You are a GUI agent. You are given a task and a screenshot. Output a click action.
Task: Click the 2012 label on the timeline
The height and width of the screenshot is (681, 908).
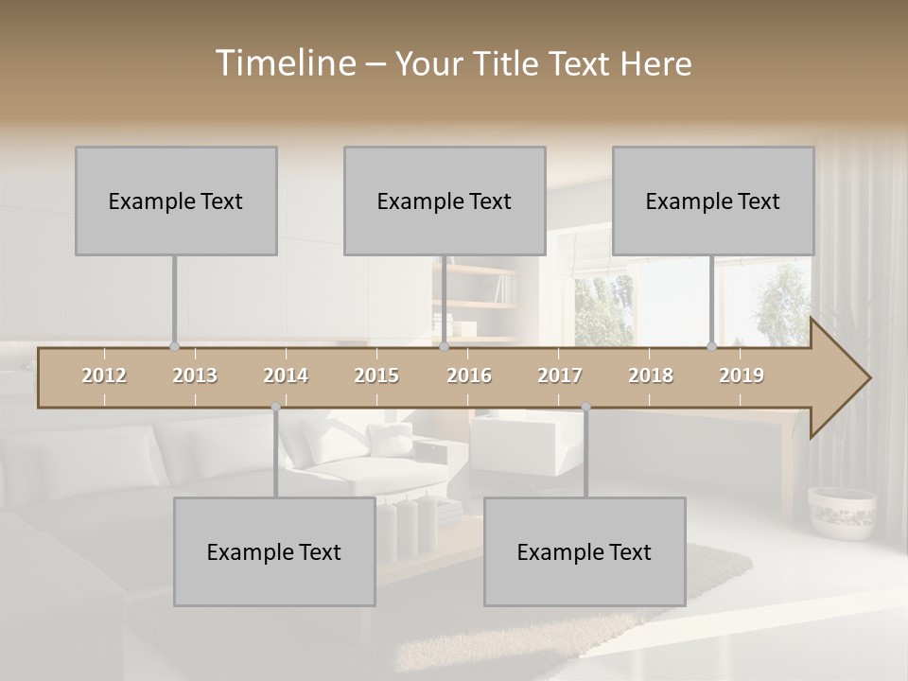(x=104, y=375)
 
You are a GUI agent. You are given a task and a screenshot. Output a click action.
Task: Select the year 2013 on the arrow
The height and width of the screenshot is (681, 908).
(x=195, y=375)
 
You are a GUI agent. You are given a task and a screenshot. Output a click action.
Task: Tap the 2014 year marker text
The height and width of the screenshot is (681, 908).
(x=286, y=375)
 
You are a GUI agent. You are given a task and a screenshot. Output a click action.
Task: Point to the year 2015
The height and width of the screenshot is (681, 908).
(x=376, y=375)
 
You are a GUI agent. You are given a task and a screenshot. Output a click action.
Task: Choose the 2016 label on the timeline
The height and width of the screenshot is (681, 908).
(x=469, y=375)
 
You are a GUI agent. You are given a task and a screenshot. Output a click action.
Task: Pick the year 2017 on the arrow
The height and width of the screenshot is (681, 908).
(x=560, y=375)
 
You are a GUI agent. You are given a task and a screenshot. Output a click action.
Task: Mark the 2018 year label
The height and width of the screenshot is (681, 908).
(x=651, y=375)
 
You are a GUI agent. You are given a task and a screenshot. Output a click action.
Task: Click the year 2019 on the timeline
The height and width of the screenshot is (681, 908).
(x=742, y=375)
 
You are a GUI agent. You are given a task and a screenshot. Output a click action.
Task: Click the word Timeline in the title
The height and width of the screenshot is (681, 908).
(x=285, y=63)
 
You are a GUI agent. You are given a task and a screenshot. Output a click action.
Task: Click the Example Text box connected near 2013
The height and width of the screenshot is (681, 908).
(x=176, y=201)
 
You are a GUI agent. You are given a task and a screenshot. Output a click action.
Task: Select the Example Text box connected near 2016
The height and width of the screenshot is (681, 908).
(x=445, y=201)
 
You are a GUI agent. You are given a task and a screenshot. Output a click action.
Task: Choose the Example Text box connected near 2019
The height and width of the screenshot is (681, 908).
(x=713, y=201)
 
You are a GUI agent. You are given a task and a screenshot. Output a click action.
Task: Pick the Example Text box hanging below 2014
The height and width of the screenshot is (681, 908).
(x=274, y=551)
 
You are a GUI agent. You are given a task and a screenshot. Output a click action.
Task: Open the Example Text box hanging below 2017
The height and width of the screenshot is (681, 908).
(x=585, y=551)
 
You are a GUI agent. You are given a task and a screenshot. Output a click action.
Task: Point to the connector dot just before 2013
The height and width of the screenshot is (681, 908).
(x=174, y=346)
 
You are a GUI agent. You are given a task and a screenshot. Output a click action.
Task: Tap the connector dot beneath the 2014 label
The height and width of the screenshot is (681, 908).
(x=275, y=407)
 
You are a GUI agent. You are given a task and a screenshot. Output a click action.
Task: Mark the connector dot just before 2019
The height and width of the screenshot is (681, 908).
(x=712, y=346)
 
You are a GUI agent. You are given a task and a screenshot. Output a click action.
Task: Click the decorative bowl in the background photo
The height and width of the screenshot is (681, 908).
(x=842, y=511)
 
